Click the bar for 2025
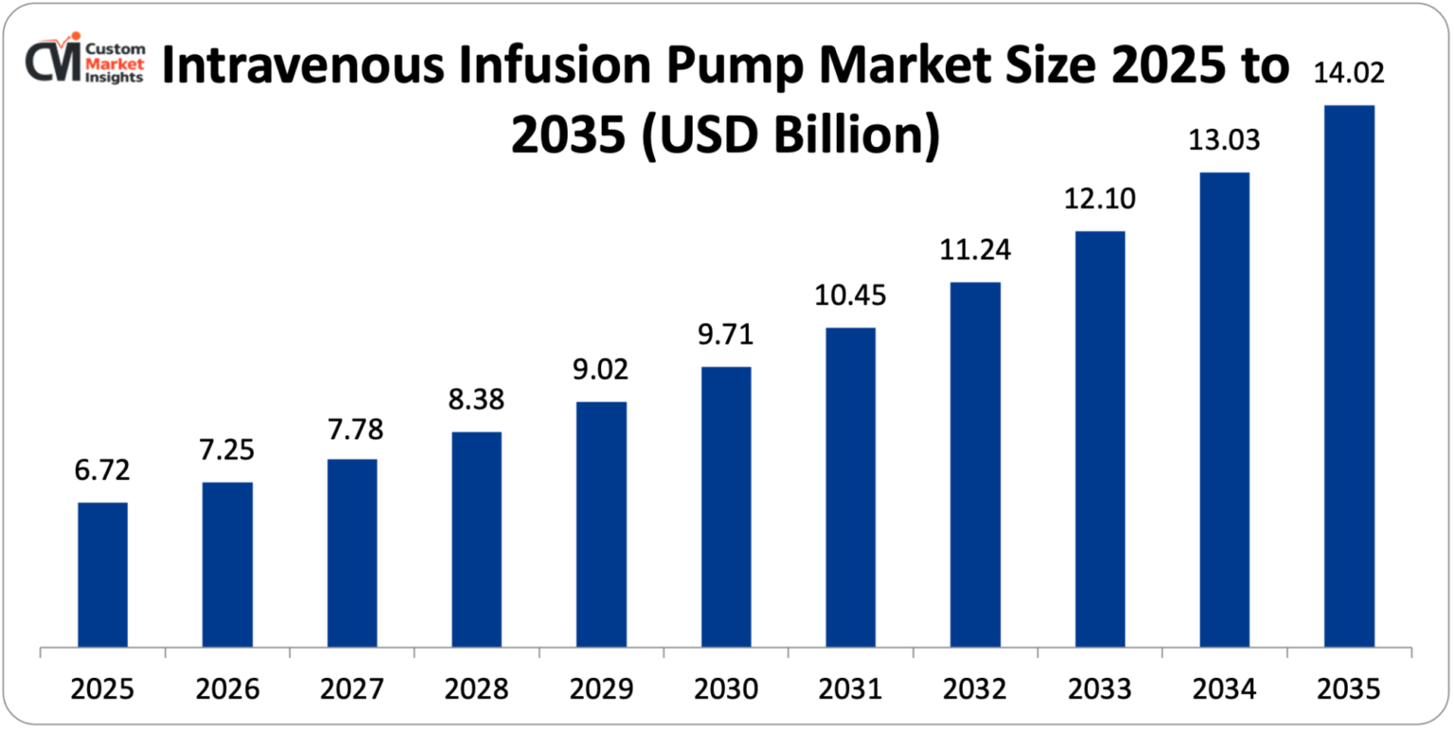click(x=102, y=575)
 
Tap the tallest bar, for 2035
click(x=1349, y=376)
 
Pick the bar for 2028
click(x=477, y=540)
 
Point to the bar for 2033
click(x=1100, y=439)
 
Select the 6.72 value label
click(x=102, y=470)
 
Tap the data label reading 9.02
click(x=601, y=369)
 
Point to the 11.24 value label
click(x=975, y=250)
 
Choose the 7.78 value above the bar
click(x=352, y=428)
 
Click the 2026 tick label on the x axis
click(x=227, y=688)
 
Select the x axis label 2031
click(x=850, y=688)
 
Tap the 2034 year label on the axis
click(x=1224, y=688)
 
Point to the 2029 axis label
click(x=601, y=688)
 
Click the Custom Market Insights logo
click(x=86, y=62)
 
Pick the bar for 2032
click(x=975, y=465)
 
